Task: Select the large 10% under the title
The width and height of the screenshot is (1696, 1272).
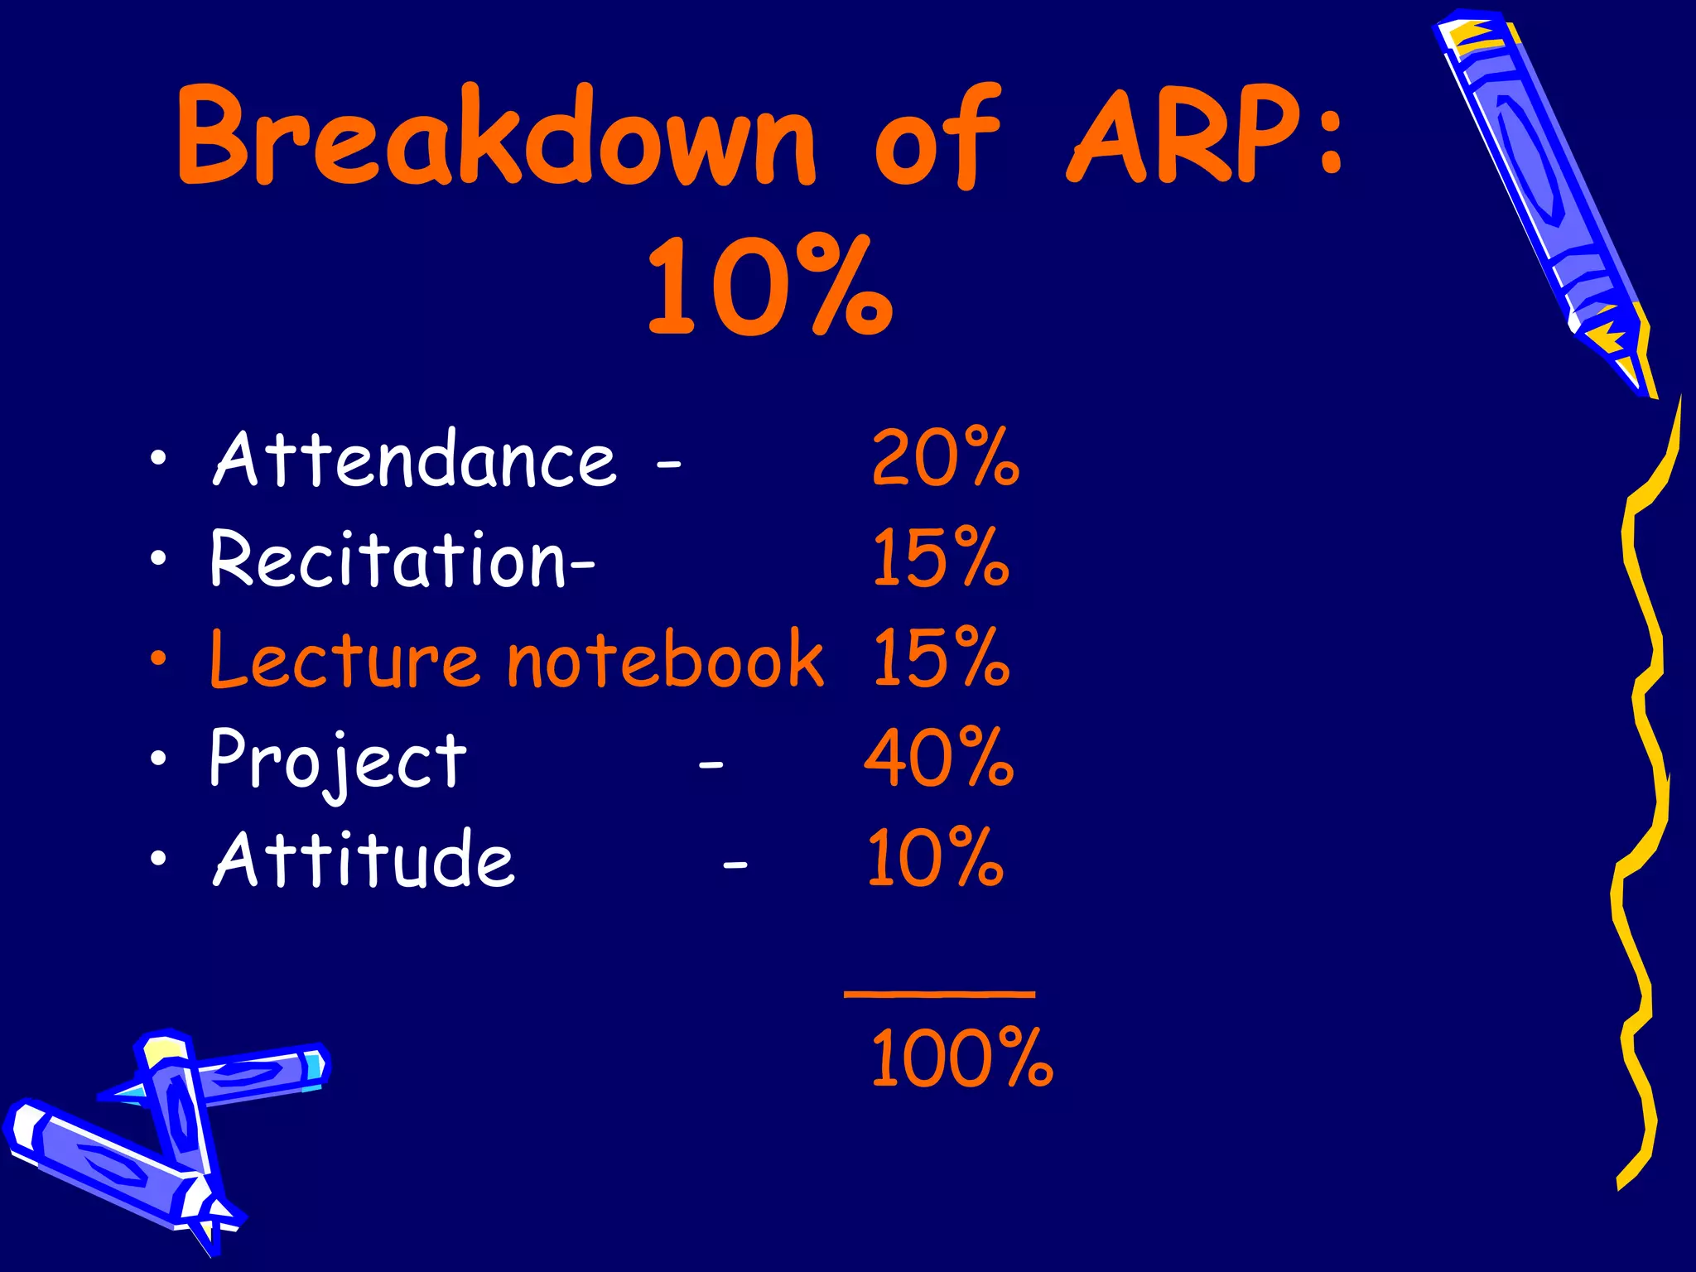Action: click(x=770, y=286)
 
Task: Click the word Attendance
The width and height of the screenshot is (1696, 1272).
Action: click(x=414, y=460)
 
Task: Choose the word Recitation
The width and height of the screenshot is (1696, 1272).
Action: click(x=388, y=561)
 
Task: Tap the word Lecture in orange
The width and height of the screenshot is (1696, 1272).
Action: click(x=344, y=660)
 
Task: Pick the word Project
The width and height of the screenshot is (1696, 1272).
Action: click(x=338, y=760)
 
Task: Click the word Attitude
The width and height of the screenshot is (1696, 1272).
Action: click(x=364, y=860)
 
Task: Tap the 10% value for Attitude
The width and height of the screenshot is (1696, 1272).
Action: click(x=936, y=859)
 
